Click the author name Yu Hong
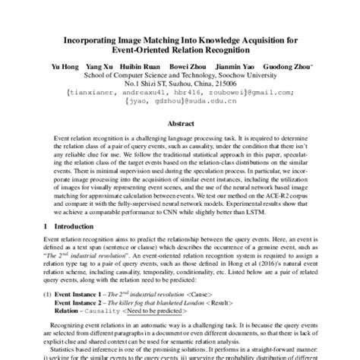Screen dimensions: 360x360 [85, 67]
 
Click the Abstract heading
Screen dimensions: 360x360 [180, 122]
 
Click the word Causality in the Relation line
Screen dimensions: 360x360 [112, 311]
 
